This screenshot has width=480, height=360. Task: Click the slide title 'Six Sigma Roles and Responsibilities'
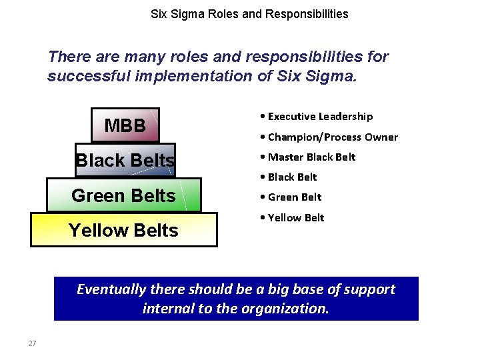(x=249, y=13)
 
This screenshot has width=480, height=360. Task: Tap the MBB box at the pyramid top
(x=125, y=125)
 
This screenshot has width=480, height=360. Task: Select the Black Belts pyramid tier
(x=125, y=161)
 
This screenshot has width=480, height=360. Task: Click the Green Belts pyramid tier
(x=123, y=195)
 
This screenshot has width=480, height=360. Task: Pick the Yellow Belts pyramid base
(x=123, y=230)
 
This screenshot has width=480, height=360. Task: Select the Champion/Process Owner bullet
(x=332, y=137)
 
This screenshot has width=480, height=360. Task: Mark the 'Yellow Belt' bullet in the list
(x=295, y=218)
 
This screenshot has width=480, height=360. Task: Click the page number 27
(x=32, y=343)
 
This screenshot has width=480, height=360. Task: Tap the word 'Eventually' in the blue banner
(x=111, y=289)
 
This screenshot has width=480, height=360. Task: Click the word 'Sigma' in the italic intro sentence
(x=331, y=76)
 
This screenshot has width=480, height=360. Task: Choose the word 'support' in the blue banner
(x=367, y=289)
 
